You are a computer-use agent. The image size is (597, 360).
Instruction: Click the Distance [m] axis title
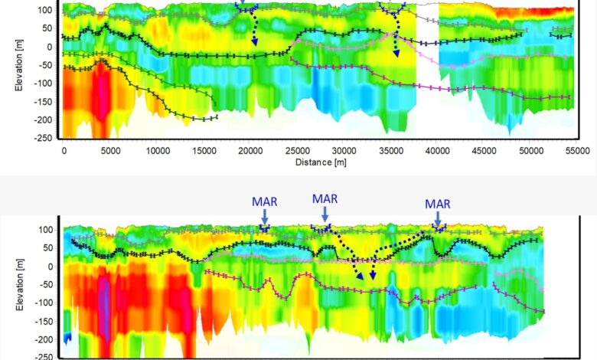tap(316, 162)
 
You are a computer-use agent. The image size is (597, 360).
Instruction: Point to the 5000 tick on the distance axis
tap(110, 151)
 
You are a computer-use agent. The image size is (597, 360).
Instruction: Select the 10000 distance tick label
tap(157, 151)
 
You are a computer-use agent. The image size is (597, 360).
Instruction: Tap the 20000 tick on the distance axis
tap(251, 151)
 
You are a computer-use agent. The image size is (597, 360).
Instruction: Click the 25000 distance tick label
tap(298, 151)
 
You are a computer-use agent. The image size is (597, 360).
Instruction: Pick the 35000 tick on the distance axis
tap(391, 151)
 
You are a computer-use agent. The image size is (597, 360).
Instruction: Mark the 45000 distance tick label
tap(484, 151)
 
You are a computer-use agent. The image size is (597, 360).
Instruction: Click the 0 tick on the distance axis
tap(64, 151)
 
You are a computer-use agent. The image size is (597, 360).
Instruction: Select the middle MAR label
tap(325, 198)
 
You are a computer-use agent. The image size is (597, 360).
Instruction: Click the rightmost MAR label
tap(438, 204)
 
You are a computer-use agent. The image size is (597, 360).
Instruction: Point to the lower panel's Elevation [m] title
tap(19, 291)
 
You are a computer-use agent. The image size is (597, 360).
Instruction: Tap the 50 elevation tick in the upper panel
tap(47, 28)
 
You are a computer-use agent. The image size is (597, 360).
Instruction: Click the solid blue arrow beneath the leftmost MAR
tap(264, 218)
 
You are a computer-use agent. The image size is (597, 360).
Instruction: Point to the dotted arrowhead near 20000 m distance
tap(256, 41)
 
